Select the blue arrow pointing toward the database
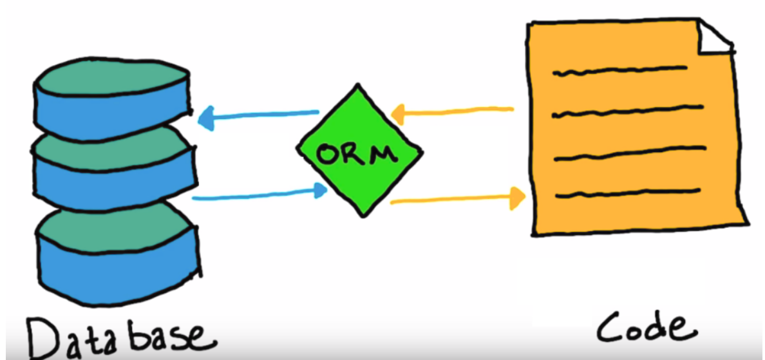258,116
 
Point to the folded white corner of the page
716,39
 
